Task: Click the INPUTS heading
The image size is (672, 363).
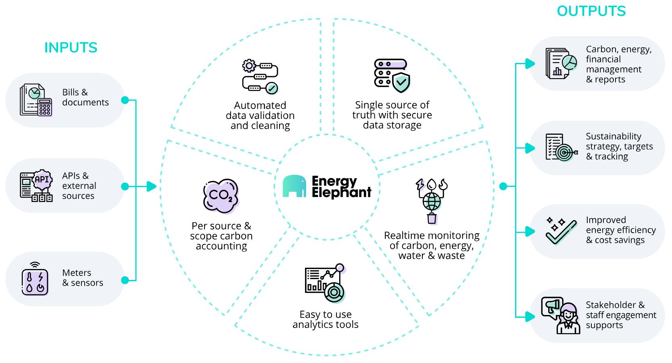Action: point(71,48)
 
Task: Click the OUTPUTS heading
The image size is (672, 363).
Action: point(591,11)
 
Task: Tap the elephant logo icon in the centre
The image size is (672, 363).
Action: point(294,186)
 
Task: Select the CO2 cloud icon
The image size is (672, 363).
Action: point(221,196)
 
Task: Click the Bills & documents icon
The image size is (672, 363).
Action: point(36,100)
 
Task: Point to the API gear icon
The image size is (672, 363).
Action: point(42,180)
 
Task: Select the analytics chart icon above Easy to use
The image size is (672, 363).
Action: point(326,283)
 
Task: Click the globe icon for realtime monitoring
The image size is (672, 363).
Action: point(432,201)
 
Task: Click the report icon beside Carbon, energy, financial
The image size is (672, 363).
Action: point(561,64)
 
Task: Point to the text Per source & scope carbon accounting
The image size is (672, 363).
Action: point(221,236)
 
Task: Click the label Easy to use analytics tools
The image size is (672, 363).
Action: point(326,319)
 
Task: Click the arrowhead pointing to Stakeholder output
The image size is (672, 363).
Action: point(530,317)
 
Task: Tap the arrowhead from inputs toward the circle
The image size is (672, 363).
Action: point(151,186)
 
